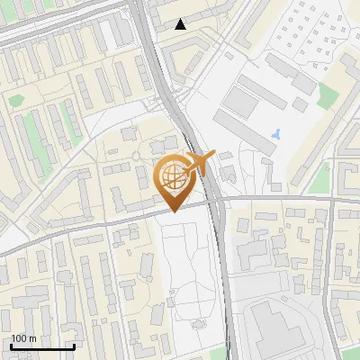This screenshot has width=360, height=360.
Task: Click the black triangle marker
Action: (181, 24)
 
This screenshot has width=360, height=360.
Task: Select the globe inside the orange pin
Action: (172, 176)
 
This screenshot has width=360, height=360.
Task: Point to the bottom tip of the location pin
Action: (172, 211)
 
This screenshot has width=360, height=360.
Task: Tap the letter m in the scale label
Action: (32, 338)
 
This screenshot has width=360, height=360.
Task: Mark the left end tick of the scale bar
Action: (11, 346)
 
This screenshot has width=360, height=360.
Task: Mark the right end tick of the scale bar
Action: (74, 346)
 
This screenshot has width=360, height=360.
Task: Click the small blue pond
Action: (274, 136)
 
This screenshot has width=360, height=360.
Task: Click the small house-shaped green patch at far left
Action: (15, 100)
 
